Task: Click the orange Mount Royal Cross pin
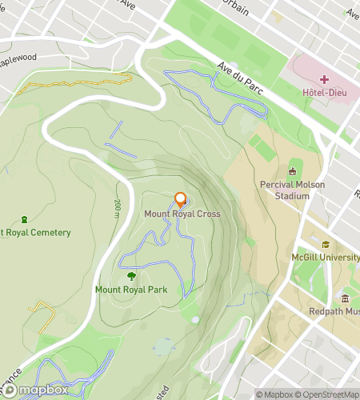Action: [180, 200]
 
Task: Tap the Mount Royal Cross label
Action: [182, 214]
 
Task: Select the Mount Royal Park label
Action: [131, 290]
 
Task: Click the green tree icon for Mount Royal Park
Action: [131, 276]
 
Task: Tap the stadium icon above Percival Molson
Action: [292, 170]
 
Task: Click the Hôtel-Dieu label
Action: [324, 92]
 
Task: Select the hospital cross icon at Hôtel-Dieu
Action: [324, 78]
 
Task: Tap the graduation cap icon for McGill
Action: [326, 244]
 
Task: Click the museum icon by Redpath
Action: [346, 298]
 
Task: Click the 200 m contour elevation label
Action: [117, 210]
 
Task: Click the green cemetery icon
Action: [24, 219]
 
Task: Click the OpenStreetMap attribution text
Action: [330, 394]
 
